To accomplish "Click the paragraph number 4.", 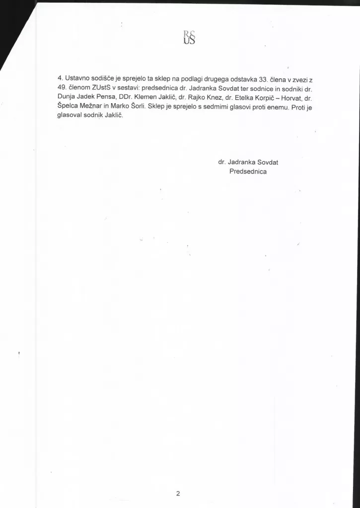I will point(60,78).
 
